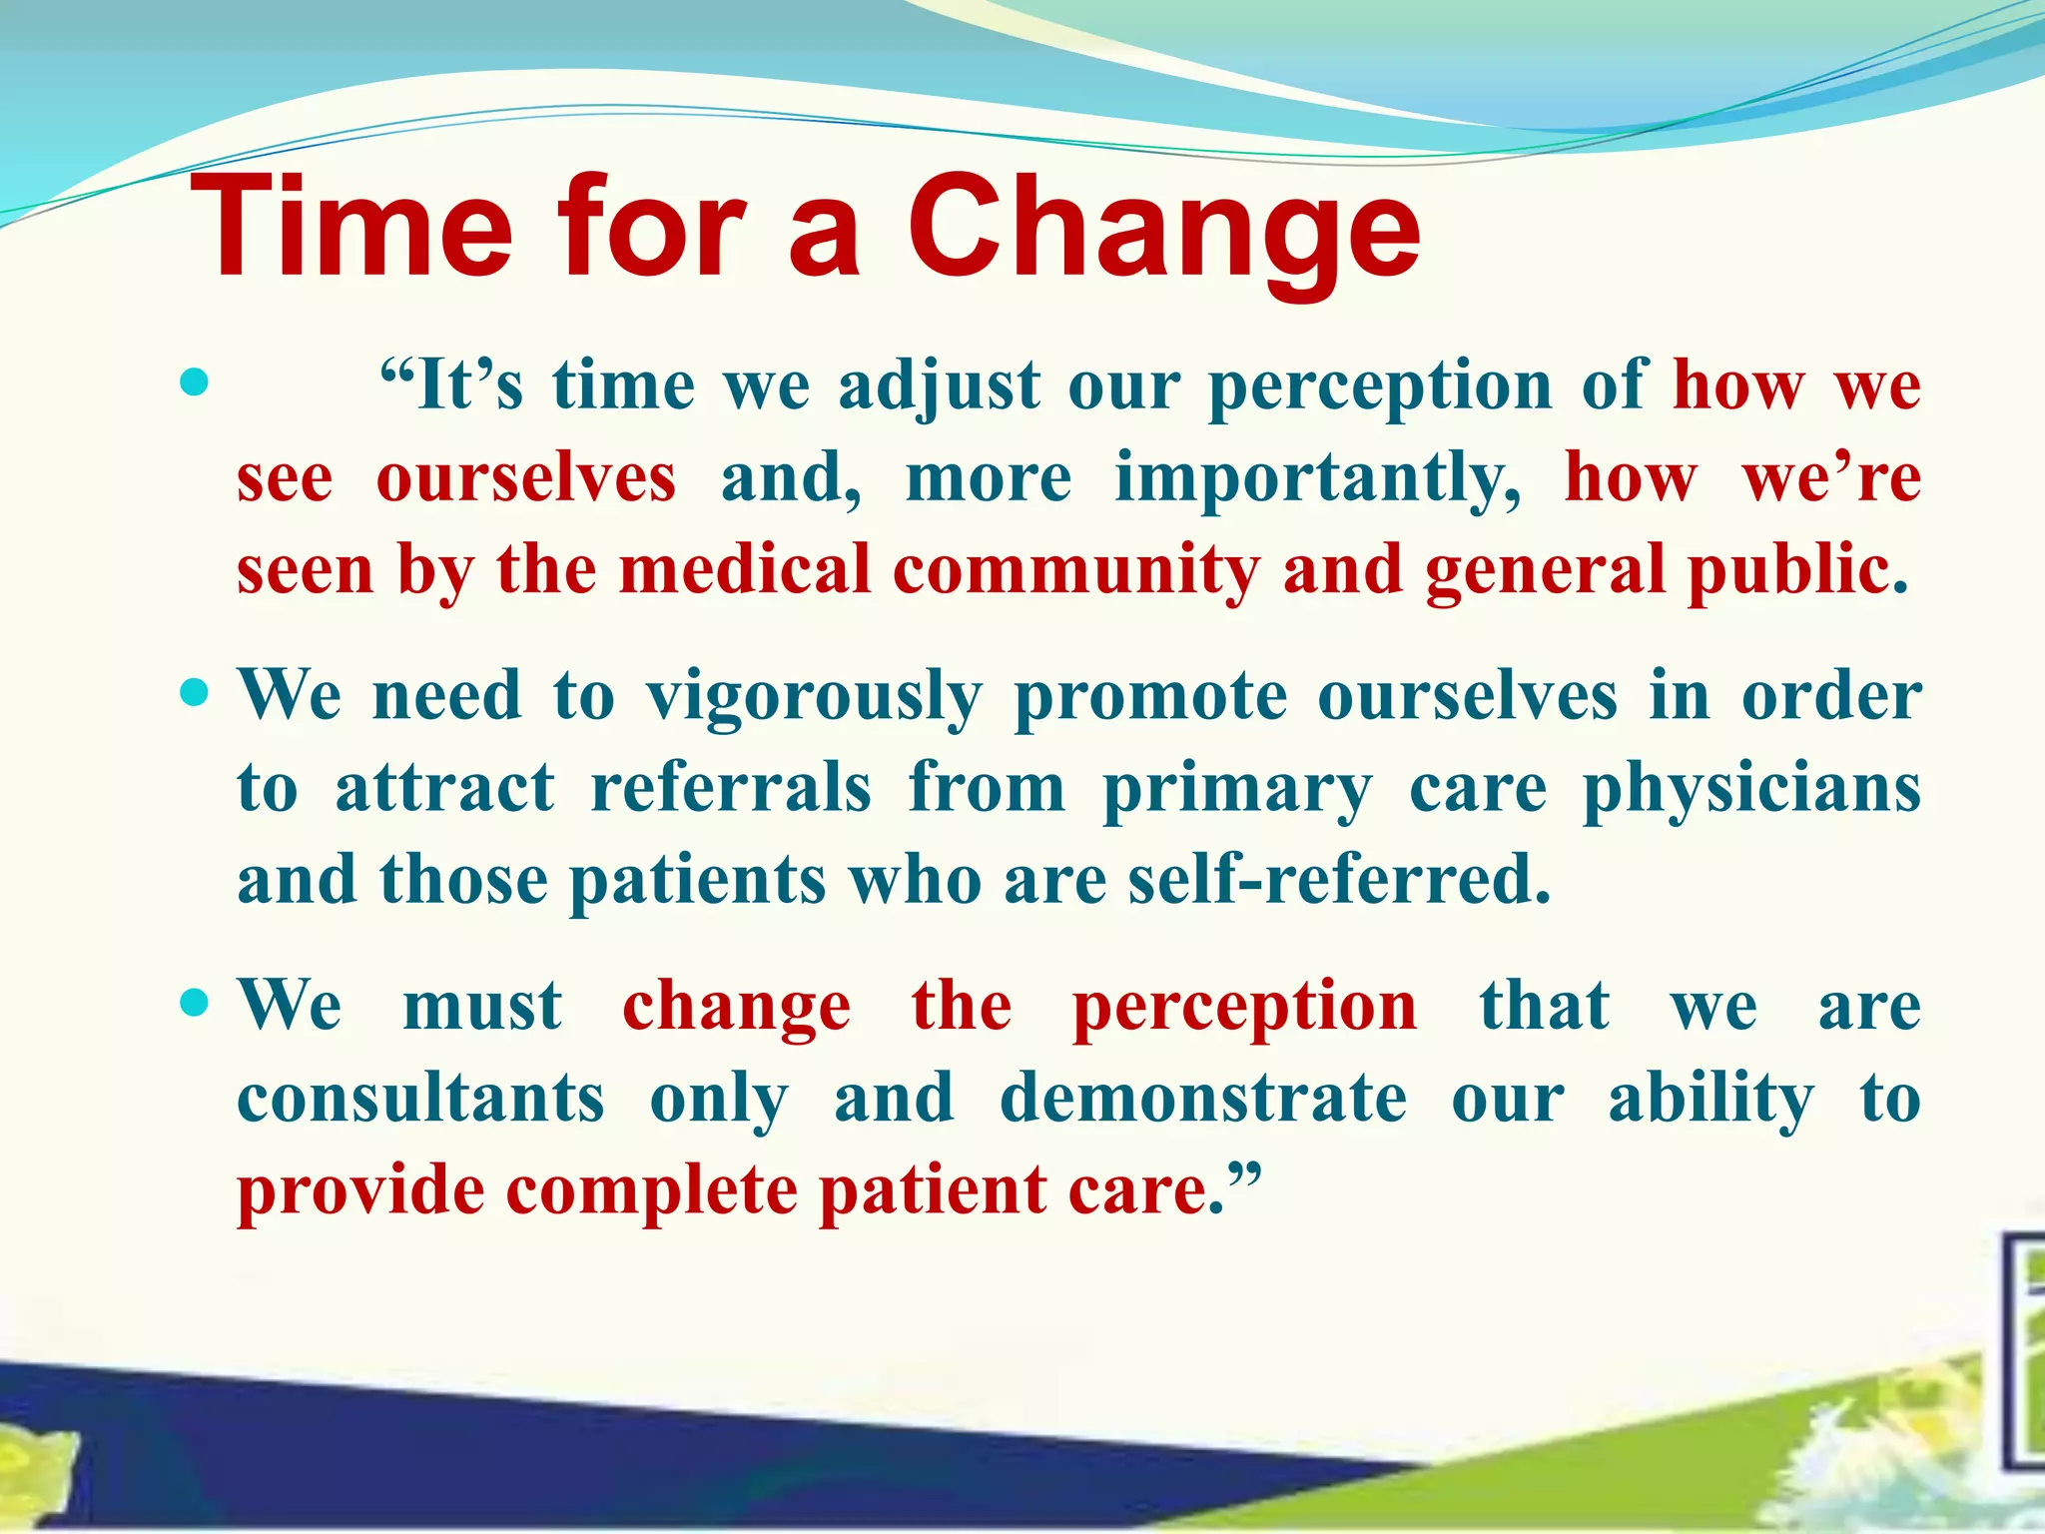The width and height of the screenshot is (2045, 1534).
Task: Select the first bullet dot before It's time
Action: click(x=196, y=383)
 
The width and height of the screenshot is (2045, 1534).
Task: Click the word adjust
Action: click(x=940, y=387)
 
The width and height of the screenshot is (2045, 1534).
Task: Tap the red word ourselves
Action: click(x=526, y=479)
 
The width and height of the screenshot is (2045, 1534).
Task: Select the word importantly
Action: click(x=1318, y=479)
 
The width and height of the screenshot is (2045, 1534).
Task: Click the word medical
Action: click(x=745, y=571)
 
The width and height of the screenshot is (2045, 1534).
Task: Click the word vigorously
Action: click(x=814, y=697)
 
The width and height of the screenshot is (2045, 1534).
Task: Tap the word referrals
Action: click(x=731, y=789)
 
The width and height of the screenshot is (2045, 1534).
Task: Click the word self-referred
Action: click(x=1339, y=881)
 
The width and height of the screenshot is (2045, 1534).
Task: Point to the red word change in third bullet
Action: click(x=737, y=1007)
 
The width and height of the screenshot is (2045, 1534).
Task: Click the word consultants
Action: click(x=420, y=1099)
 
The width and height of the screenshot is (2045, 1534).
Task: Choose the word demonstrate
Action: click(x=1203, y=1099)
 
